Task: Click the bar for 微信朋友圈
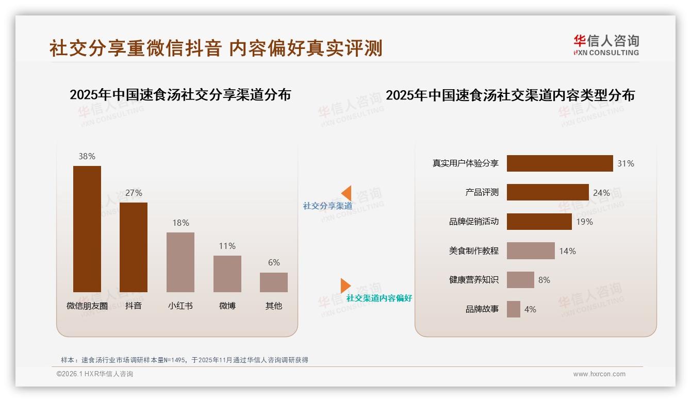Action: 87,229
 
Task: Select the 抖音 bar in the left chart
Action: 134,247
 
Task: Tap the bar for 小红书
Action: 180,262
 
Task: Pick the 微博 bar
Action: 227,274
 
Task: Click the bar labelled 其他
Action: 274,282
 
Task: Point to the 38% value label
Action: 87,156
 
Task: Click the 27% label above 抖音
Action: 134,193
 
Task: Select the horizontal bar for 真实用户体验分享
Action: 560,163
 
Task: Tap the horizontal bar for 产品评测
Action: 548,192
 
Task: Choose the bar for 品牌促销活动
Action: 539,222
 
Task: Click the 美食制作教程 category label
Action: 473,251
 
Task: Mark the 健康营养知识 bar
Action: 520,280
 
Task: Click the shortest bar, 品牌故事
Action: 514,309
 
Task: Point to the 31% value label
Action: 626,163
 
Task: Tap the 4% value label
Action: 530,309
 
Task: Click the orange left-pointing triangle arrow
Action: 347,193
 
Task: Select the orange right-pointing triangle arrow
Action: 345,286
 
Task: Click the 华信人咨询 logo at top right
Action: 606,45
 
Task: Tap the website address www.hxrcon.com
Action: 599,374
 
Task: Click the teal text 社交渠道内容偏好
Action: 379,298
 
